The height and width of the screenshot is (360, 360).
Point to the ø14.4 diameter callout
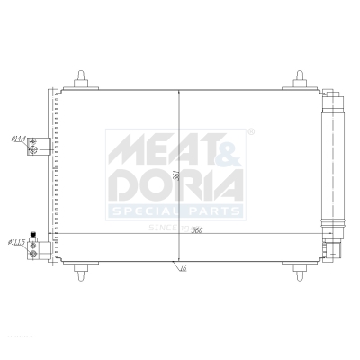(x=17, y=139)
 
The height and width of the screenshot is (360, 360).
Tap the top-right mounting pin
(x=300, y=77)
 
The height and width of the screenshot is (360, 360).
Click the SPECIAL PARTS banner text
(x=175, y=212)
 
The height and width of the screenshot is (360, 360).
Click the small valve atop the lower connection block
(x=35, y=232)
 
